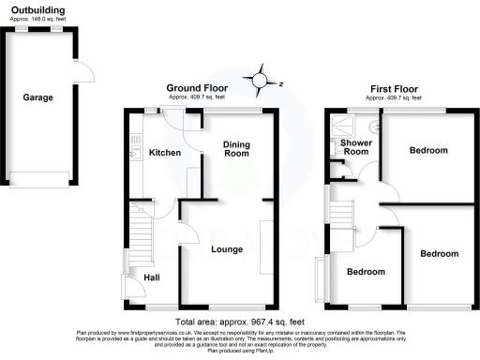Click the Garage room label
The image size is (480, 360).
coord(38,97)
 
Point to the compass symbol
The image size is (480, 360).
coord(262,82)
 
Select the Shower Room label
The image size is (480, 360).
coord(354,149)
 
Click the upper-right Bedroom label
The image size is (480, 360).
coord(427,150)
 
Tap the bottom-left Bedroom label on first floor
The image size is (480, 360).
coord(366,273)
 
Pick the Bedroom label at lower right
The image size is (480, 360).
coord(439,254)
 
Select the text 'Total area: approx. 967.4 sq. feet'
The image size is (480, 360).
coord(239,319)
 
